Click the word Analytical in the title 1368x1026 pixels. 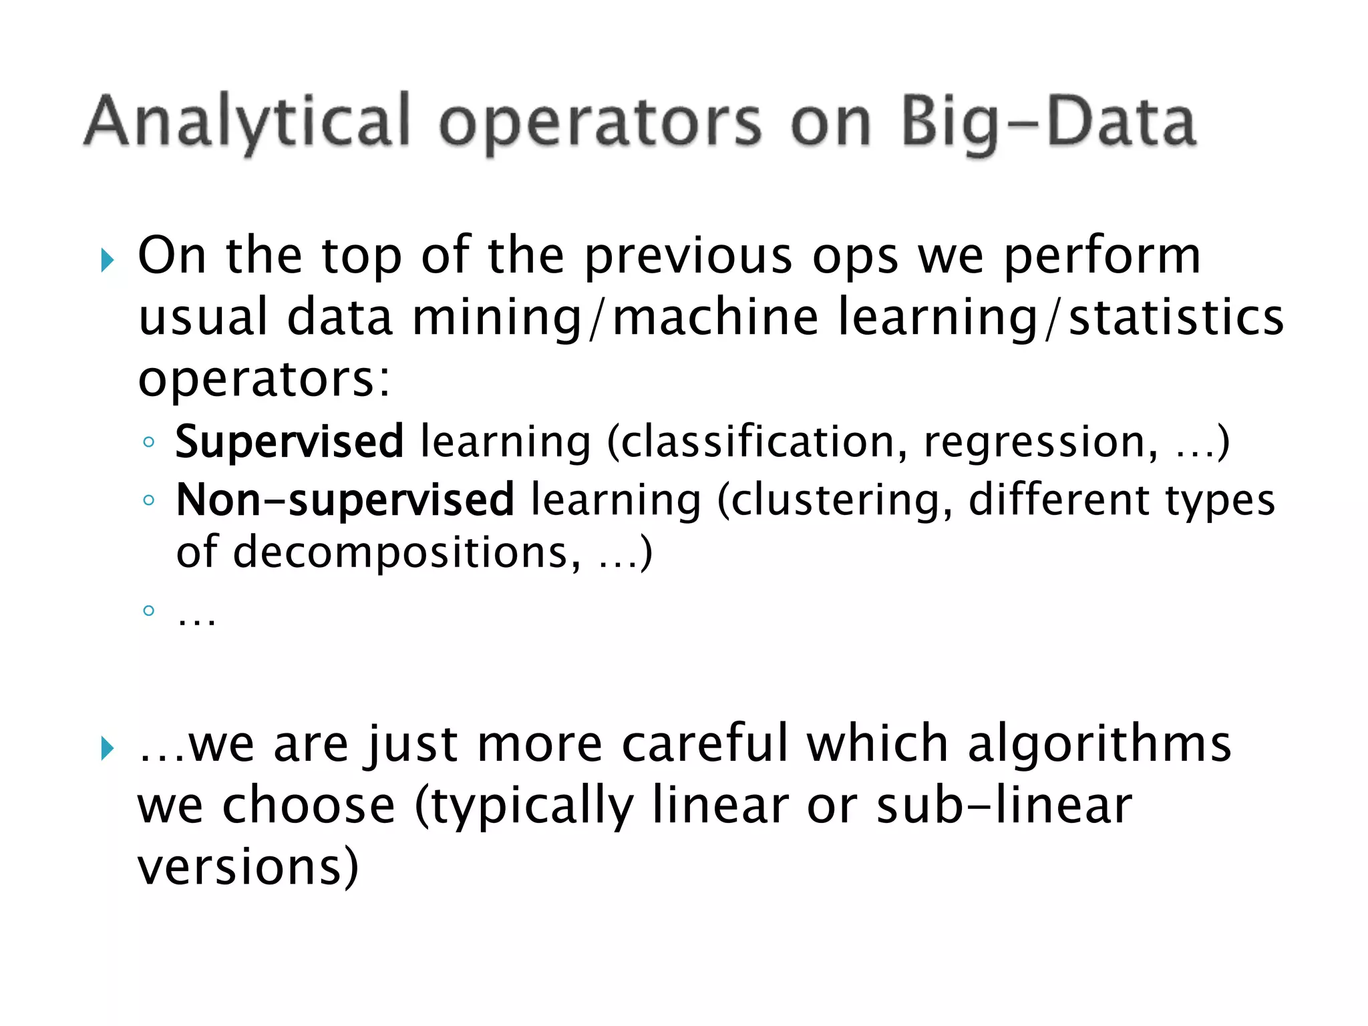point(247,122)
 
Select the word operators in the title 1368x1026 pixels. point(600,124)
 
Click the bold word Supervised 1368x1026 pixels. point(289,442)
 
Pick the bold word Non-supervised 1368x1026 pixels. point(345,500)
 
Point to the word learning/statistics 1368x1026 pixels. point(1060,317)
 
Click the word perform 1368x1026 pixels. point(1102,256)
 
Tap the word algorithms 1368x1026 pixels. point(1099,743)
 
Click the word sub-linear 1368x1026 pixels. point(1004,806)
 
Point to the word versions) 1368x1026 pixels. point(248,867)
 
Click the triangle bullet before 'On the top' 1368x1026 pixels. point(108,260)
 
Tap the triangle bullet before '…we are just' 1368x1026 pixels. point(108,748)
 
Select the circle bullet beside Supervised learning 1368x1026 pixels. point(149,442)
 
